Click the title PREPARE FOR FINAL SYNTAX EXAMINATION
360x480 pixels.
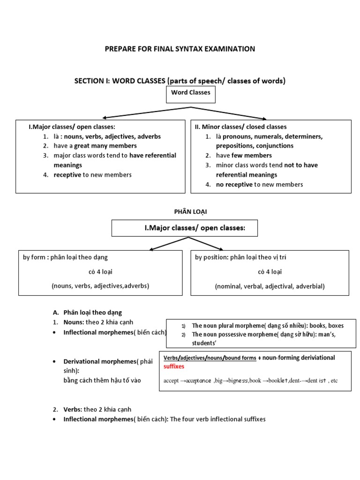click(180, 49)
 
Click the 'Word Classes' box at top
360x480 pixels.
click(190, 93)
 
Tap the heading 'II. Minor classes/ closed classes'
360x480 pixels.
click(240, 127)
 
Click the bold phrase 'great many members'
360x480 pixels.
click(105, 146)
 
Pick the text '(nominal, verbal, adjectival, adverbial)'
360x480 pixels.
click(270, 286)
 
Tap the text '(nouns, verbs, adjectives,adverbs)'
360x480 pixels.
click(100, 286)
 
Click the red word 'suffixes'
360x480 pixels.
click(174, 366)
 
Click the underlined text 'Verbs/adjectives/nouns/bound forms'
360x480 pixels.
click(210, 358)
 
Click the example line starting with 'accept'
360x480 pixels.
click(250, 381)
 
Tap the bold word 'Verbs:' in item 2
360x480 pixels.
click(73, 409)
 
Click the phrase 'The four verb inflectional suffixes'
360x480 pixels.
click(217, 419)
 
